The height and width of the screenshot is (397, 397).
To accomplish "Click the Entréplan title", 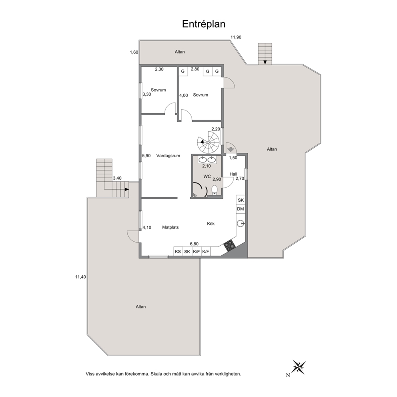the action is [204, 24].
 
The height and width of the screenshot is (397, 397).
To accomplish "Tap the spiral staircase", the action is [209, 142].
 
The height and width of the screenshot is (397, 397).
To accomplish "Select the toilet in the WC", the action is [215, 190].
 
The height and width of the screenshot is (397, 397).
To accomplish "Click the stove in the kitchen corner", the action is [230, 245].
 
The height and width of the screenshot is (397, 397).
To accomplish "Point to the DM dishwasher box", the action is [241, 209].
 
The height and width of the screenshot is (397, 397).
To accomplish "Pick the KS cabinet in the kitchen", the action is [178, 251].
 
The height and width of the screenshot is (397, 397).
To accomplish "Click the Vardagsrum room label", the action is [168, 156].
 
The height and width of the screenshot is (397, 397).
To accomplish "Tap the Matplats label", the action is [170, 227].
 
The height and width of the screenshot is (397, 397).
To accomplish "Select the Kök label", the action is [211, 224].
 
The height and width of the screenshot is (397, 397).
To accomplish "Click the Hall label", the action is [233, 174].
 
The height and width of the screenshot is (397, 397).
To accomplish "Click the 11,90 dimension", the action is [236, 37].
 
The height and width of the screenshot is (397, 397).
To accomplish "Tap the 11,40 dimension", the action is [80, 277].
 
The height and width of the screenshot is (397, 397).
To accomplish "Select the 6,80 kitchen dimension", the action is [194, 244].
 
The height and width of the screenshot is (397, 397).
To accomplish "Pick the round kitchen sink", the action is [241, 224].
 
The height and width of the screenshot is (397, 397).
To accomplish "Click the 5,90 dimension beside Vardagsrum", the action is [146, 156].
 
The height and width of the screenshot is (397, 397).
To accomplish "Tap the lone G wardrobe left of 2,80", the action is [183, 71].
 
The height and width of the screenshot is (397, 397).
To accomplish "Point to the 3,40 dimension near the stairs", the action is [117, 178].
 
